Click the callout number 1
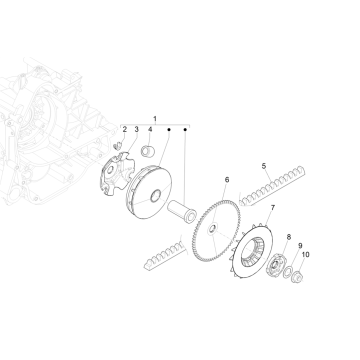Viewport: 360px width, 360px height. click(154, 119)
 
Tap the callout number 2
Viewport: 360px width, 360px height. click(125, 130)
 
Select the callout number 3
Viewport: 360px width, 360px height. click(136, 130)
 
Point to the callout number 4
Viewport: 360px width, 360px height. click(150, 130)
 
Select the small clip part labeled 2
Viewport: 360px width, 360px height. click(119, 149)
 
